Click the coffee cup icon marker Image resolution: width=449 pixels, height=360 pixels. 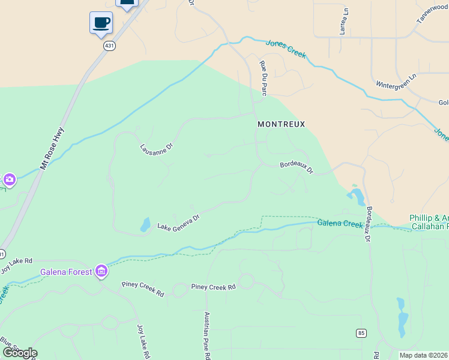[x=101, y=23]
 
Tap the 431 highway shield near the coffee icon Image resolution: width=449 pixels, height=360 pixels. [x=109, y=46]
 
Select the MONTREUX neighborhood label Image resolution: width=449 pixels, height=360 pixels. [x=281, y=124]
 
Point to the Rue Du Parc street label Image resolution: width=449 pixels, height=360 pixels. [x=263, y=77]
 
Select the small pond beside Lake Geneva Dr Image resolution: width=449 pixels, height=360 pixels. [x=145, y=224]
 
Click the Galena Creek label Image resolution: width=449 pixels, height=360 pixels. [x=340, y=224]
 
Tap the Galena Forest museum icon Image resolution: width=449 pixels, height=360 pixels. [x=101, y=272]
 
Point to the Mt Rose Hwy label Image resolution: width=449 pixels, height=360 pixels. [x=52, y=148]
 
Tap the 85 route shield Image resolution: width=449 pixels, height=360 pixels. [x=361, y=333]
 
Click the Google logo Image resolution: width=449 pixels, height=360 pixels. [x=19, y=353]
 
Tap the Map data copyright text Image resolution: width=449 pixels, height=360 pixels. [x=424, y=355]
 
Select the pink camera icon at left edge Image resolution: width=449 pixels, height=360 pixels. [x=9, y=179]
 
